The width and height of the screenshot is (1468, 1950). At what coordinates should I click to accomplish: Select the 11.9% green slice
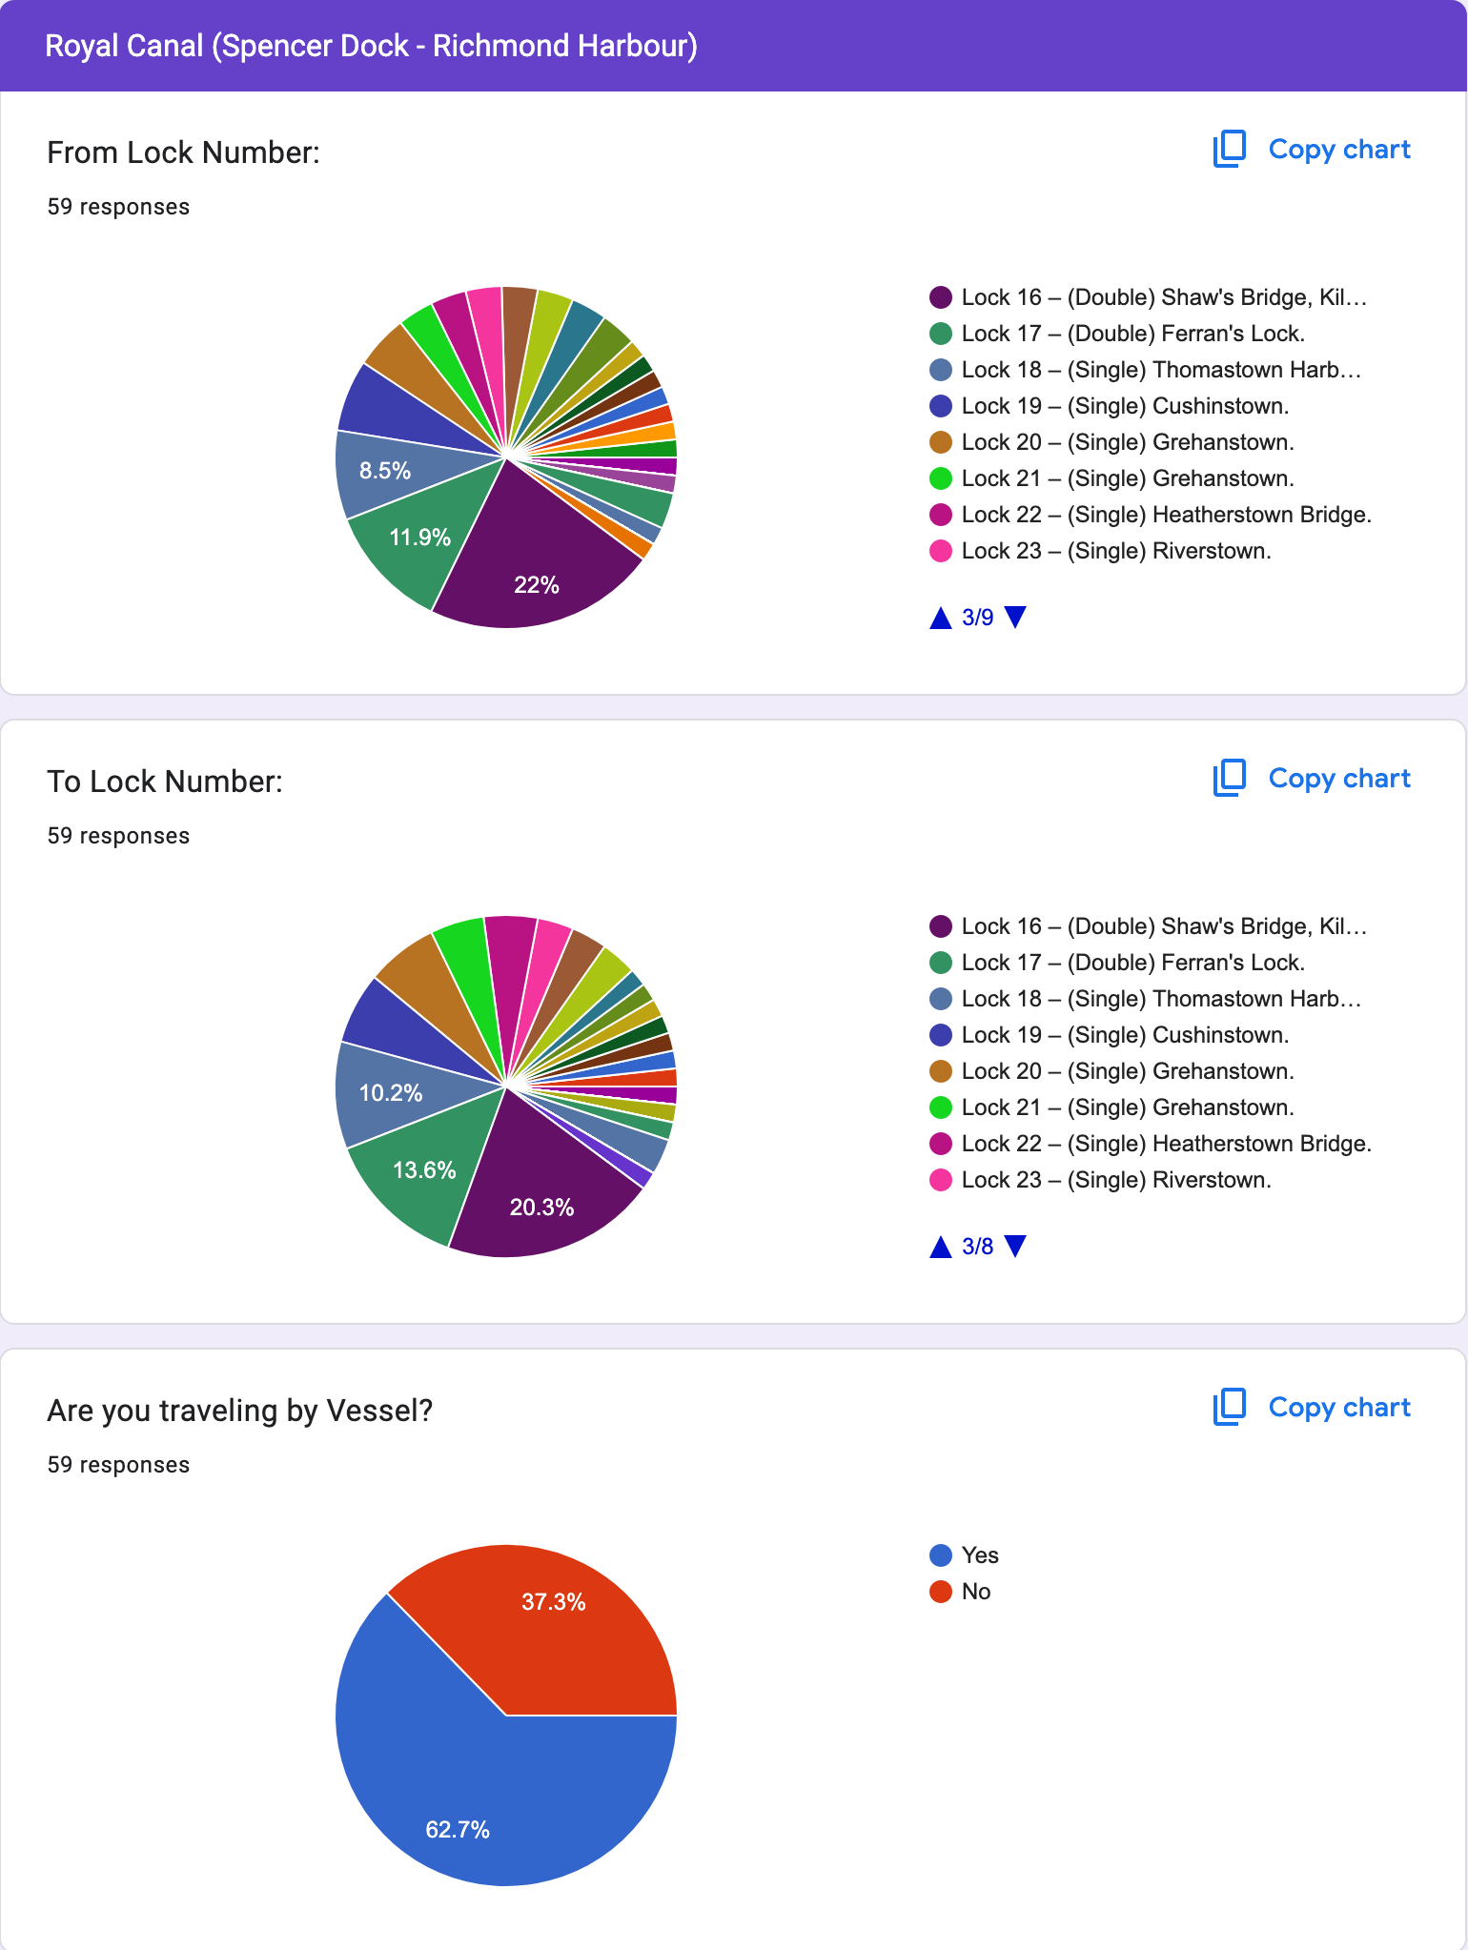(419, 538)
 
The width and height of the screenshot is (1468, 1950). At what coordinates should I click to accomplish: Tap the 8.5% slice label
(385, 470)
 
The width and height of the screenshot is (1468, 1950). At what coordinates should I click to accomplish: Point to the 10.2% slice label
(391, 1093)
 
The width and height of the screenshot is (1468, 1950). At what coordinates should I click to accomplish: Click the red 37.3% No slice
(553, 1620)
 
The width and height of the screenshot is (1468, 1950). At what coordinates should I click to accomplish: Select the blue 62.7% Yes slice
(458, 1811)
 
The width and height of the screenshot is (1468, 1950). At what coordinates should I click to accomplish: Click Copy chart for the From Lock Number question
(1312, 150)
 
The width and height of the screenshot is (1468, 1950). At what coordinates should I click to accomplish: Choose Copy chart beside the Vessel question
(1312, 1408)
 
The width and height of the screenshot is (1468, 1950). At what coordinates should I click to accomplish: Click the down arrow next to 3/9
(1016, 618)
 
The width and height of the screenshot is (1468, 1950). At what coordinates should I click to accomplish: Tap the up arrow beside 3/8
(941, 1247)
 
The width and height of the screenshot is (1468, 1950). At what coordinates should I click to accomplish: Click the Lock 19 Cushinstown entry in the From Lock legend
(1125, 406)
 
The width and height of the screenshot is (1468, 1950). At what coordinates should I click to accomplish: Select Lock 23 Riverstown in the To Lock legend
(1115, 1180)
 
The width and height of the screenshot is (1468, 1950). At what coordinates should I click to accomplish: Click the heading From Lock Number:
(184, 152)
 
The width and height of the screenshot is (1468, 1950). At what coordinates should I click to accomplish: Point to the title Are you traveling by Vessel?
(240, 1411)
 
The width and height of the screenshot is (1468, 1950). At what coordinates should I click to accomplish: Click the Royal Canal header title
(372, 46)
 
